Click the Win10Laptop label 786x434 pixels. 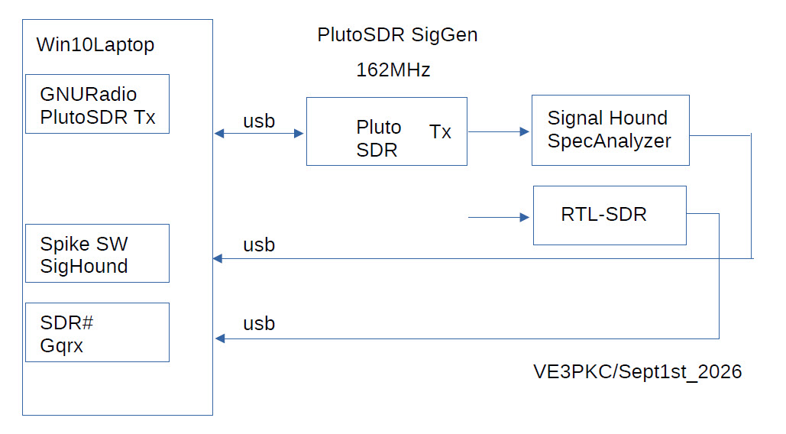tap(95, 44)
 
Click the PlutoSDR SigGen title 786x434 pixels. tap(397, 34)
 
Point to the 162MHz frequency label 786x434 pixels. tap(393, 70)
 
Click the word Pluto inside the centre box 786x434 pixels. tap(378, 127)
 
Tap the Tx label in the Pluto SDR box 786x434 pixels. tap(440, 131)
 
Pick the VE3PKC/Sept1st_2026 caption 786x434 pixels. tap(637, 372)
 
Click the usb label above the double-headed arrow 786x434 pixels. tap(259, 121)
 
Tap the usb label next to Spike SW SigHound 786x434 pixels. tap(259, 245)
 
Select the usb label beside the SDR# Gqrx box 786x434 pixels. tap(259, 324)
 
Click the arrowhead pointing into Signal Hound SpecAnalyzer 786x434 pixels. tap(525, 131)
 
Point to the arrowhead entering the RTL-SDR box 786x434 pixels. tap(525, 218)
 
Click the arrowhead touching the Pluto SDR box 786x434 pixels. tap(299, 133)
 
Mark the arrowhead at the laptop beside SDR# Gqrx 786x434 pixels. tap(220, 338)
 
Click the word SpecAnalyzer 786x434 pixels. tap(609, 141)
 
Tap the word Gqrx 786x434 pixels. tap(61, 346)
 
